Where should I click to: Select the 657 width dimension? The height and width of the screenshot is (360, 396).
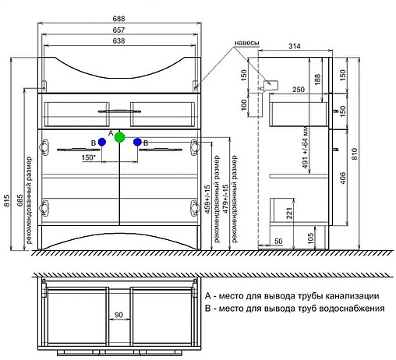(118, 19)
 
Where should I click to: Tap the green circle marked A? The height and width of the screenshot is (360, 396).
(119, 139)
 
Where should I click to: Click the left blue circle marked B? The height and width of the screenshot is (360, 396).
(101, 142)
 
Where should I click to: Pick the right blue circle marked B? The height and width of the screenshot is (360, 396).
(137, 142)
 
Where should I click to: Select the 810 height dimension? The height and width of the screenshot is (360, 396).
(355, 154)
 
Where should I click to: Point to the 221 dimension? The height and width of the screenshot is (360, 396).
(290, 213)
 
